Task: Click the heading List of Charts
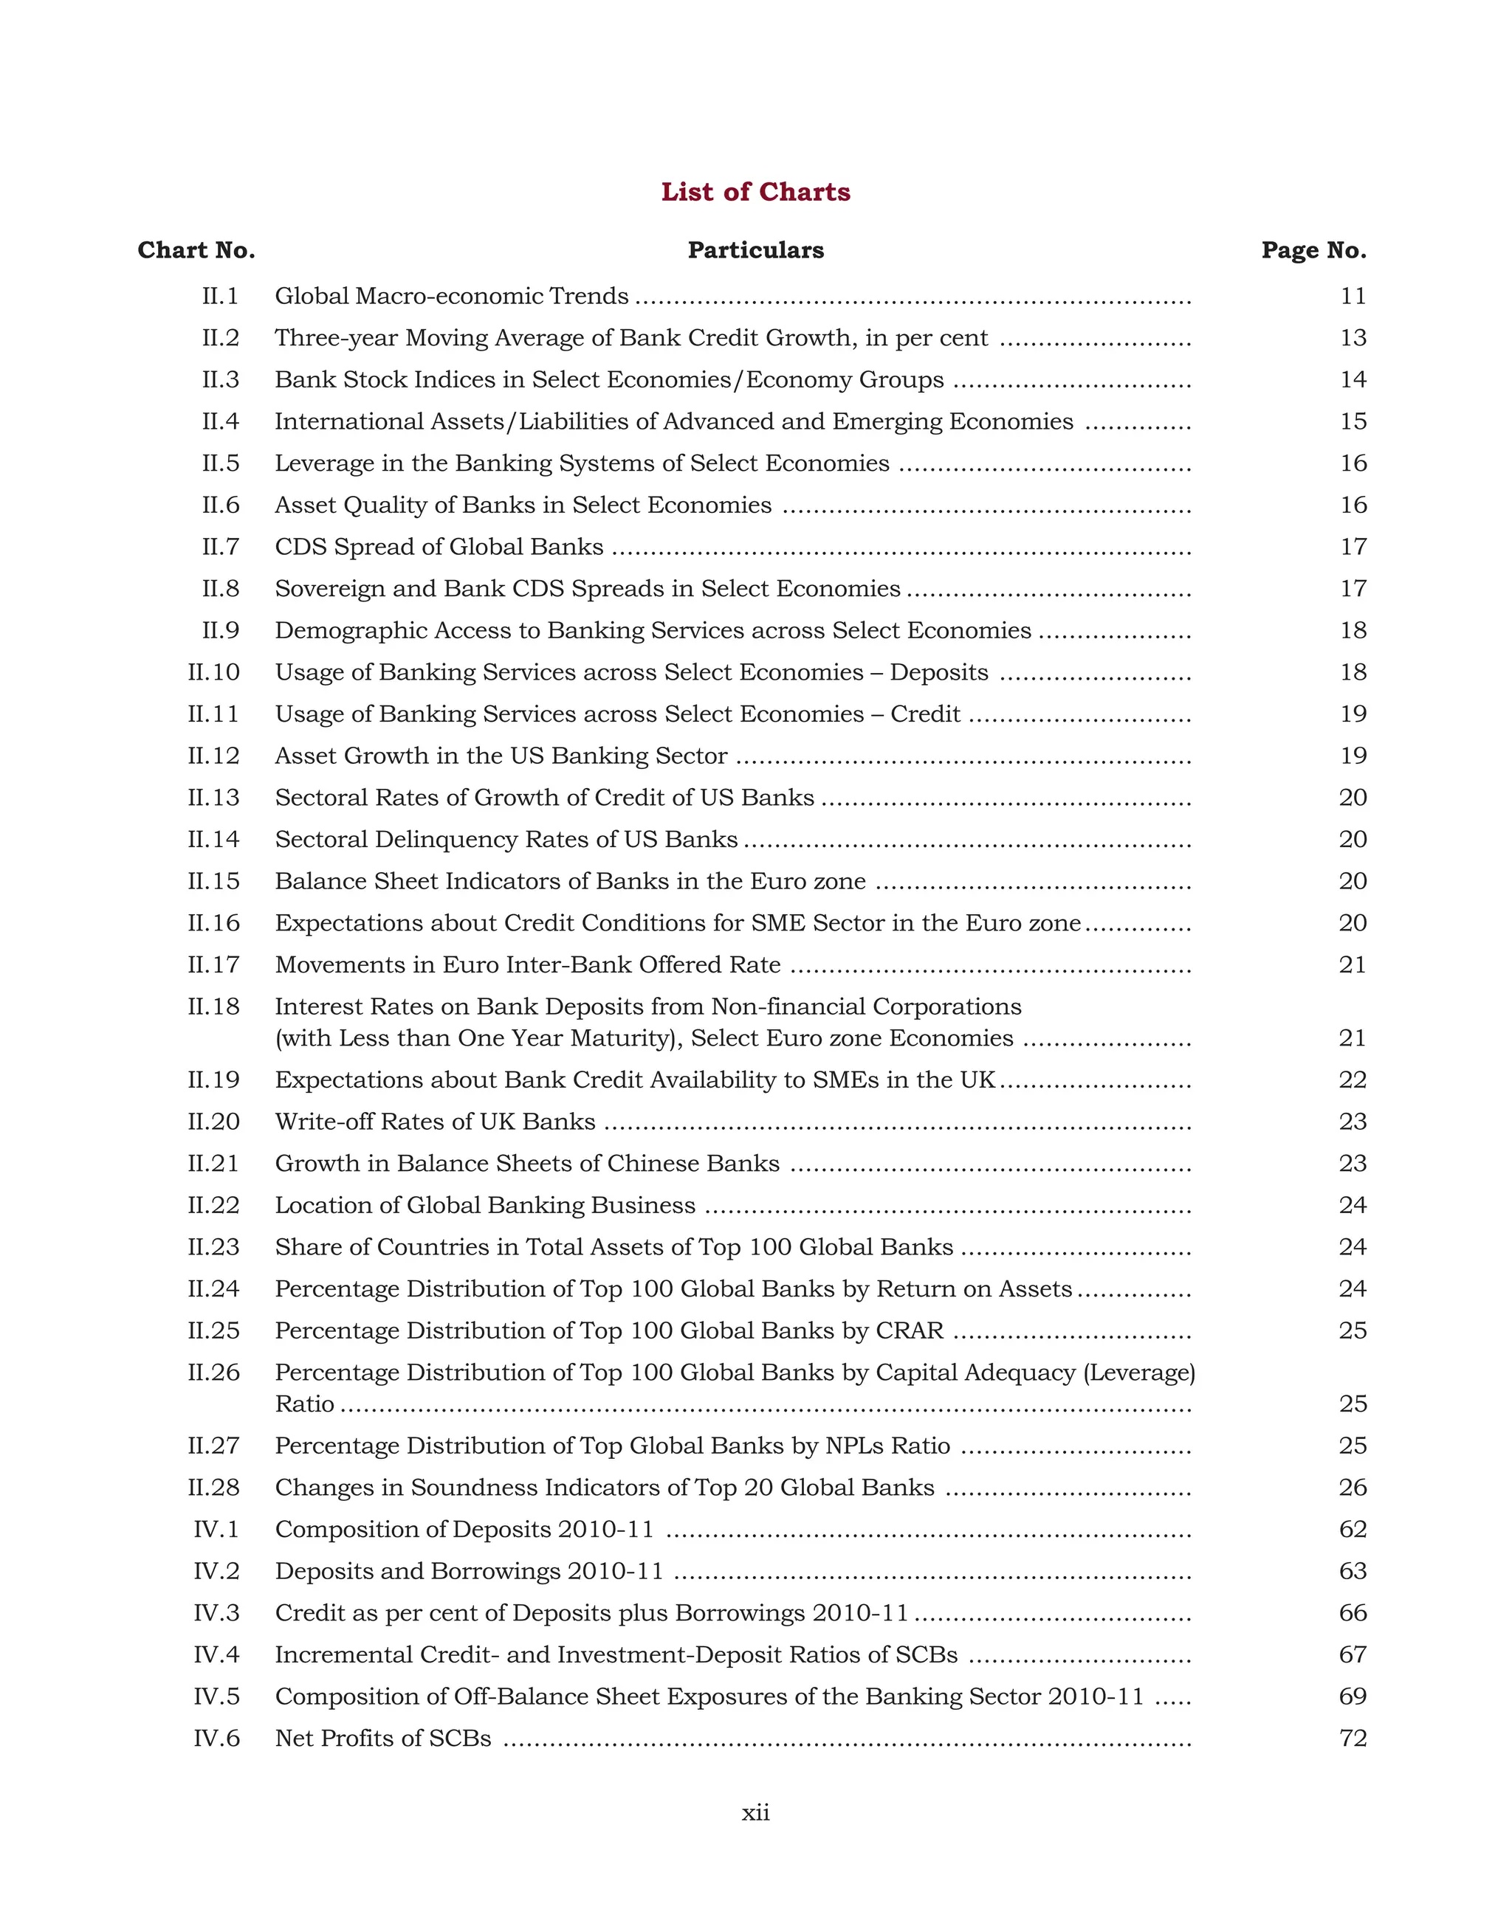(755, 192)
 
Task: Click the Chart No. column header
(196, 250)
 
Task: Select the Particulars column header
(755, 250)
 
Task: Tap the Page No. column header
(1313, 250)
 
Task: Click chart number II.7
(221, 547)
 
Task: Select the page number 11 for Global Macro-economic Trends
(1353, 297)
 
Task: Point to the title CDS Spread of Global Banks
(439, 547)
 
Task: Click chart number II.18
(213, 1007)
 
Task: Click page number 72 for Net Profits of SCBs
(1353, 1739)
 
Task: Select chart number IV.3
(217, 1613)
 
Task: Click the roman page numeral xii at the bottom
(755, 1813)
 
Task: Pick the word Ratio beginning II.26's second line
(304, 1404)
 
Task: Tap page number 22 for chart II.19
(1353, 1080)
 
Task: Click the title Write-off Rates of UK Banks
(435, 1122)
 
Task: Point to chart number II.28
(213, 1488)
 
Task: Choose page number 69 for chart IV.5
(1353, 1696)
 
